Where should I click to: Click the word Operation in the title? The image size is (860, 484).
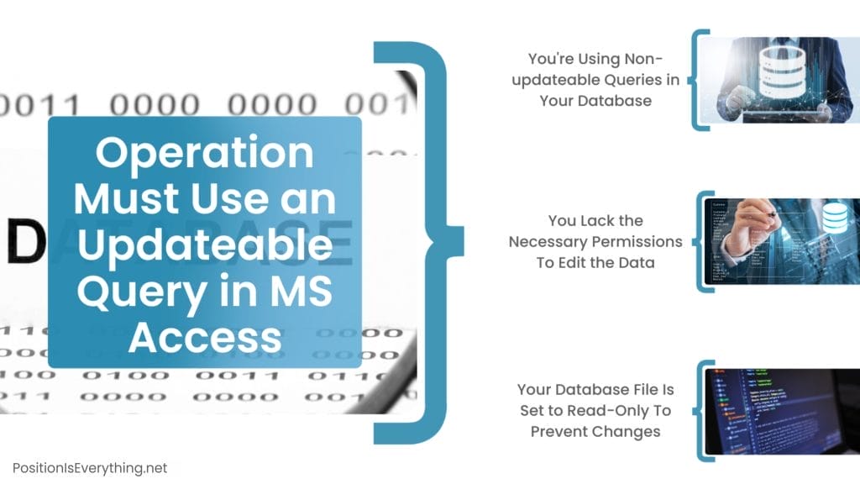(205, 154)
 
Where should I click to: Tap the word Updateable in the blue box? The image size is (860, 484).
(205, 246)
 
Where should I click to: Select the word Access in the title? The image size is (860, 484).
(205, 337)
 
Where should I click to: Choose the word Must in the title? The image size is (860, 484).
(125, 200)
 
